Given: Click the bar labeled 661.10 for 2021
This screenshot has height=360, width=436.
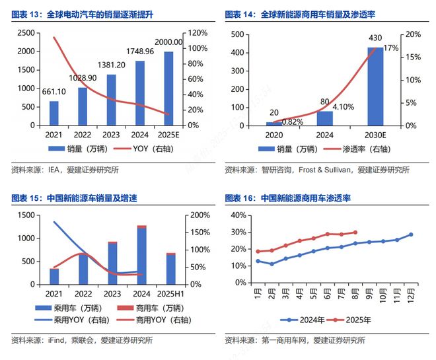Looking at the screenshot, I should [54, 113].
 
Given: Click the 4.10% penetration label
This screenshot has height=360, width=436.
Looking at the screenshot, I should [342, 106].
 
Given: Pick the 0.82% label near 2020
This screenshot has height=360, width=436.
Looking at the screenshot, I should [292, 122].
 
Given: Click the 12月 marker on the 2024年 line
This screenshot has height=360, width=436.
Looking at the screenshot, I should [411, 234].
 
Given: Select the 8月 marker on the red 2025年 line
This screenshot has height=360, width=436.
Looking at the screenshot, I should [355, 233].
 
